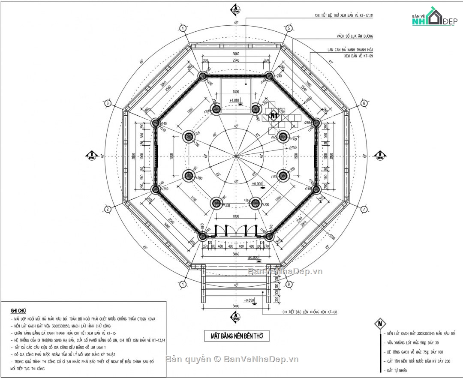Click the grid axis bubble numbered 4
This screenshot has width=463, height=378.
183,28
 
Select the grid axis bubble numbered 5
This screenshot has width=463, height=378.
289,28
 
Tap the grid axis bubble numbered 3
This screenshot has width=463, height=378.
108,103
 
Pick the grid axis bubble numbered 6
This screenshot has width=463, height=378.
364,103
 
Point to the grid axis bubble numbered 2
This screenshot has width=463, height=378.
108,209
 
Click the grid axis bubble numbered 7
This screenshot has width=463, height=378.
364,209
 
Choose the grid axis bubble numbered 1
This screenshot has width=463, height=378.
183,284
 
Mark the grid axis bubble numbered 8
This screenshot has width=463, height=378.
289,284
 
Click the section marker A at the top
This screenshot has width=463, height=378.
235,9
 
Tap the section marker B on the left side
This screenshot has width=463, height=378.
91,155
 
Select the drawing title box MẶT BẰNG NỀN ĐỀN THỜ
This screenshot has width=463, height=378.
237,336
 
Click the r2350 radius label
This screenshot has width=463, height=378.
293,147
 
